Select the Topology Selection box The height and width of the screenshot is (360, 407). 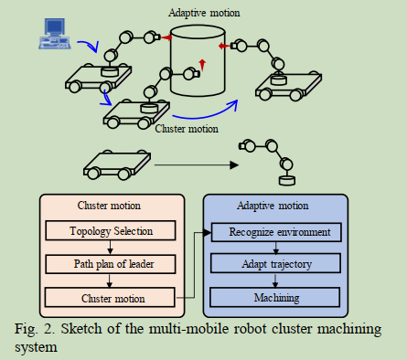coord(112,232)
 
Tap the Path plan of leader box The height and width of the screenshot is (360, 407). coord(112,265)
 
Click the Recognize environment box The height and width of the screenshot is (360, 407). coord(276,232)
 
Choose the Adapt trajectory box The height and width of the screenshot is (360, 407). coord(276,265)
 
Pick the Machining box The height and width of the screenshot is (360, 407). coord(276,298)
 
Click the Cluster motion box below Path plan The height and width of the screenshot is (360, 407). coord(112,298)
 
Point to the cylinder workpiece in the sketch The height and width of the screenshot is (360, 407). coord(197,64)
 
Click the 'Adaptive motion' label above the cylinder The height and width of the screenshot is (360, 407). coord(205,13)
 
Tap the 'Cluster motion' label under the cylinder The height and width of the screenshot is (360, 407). coord(188,129)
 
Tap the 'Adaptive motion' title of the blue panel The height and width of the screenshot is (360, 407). coord(275,206)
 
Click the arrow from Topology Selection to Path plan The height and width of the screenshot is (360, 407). coord(112,249)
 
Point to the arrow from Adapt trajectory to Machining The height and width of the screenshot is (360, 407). coord(276,281)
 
